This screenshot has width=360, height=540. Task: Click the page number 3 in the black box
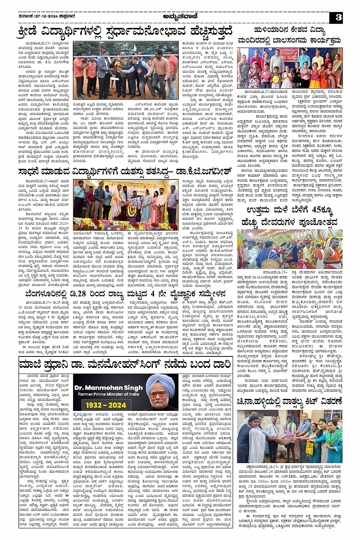pyautogui.click(x=338, y=18)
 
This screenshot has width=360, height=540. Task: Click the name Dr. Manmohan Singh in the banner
pyautogui.click(x=109, y=388)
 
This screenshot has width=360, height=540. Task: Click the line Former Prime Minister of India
pyautogui.click(x=109, y=394)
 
